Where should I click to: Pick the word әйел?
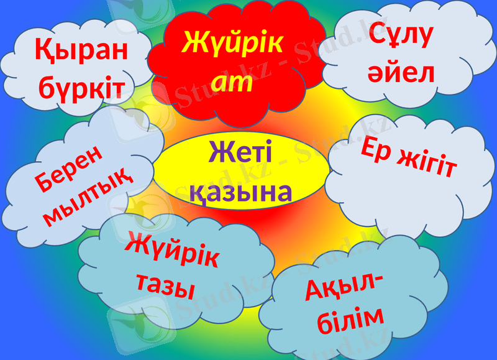click(x=401, y=73)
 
